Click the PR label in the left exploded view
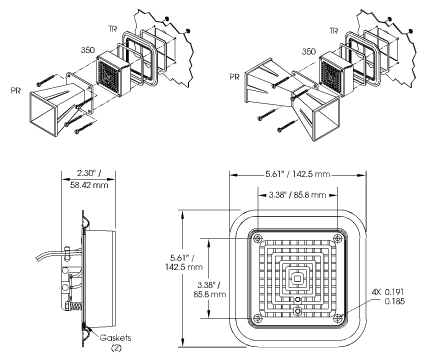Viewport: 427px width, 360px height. [16, 91]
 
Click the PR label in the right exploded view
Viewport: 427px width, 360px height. [234, 77]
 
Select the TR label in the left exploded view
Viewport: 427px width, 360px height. [113, 29]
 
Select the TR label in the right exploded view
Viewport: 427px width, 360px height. [333, 31]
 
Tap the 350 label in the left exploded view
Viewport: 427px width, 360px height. [88, 50]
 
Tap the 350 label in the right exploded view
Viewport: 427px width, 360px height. [309, 51]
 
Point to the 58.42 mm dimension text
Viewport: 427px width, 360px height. [89, 185]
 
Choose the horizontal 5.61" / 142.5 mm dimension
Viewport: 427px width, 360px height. [298, 174]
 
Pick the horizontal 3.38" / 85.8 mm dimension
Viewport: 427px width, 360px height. [297, 195]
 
